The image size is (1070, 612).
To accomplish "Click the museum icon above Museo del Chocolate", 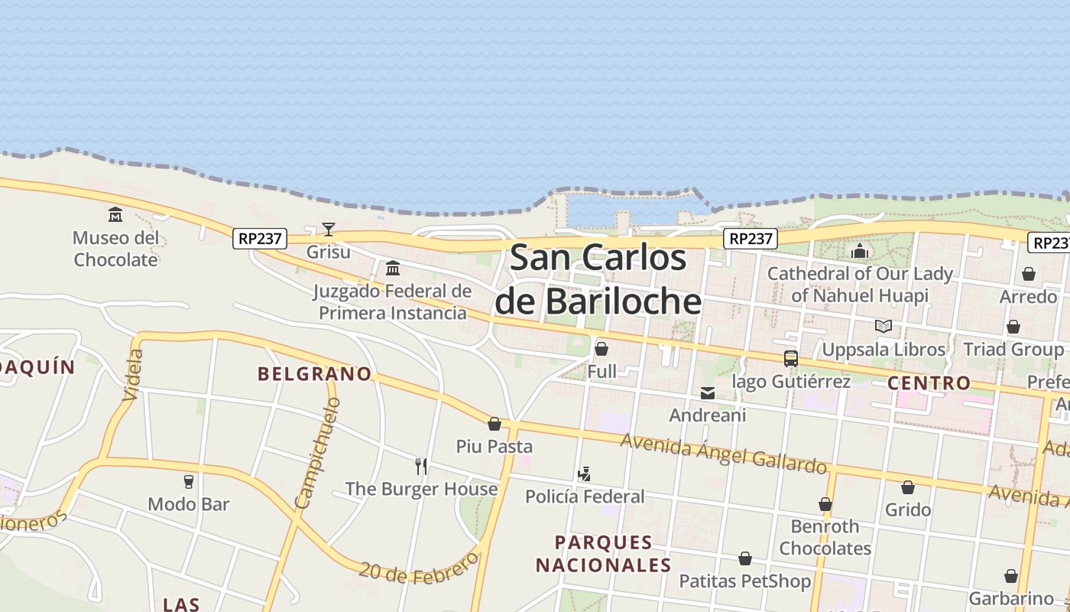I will pos(115,214).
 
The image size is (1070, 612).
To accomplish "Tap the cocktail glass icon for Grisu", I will pos(329,229).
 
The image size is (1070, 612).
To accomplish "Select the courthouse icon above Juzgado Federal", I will pos(393,268).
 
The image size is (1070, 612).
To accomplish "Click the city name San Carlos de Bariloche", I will pos(598,279).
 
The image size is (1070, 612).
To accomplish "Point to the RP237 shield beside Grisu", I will pos(260,239).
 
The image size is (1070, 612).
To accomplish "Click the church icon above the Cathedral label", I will pos(860,251).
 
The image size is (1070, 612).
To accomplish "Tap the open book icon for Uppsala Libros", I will pos(884,327).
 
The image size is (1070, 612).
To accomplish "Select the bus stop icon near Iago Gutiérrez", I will pos(791,358).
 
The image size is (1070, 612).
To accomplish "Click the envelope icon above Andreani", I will pos(708,393).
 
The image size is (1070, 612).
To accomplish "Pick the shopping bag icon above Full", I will pos(601,350).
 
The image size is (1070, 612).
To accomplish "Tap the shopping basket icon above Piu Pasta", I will pos(494,424).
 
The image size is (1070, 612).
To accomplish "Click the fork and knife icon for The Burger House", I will pos(420,466).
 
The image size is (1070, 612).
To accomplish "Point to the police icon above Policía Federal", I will pos(585,474).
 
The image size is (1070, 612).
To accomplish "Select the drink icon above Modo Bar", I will pos(189,481).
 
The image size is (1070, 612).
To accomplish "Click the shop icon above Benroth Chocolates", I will pos(825,504).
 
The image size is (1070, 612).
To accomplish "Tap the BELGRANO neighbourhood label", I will pos(314,374).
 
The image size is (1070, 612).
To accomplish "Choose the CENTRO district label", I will pos(929,382).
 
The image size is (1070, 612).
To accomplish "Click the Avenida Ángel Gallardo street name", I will pos(723,453).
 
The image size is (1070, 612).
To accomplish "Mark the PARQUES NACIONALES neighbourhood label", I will pos(603,554).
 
